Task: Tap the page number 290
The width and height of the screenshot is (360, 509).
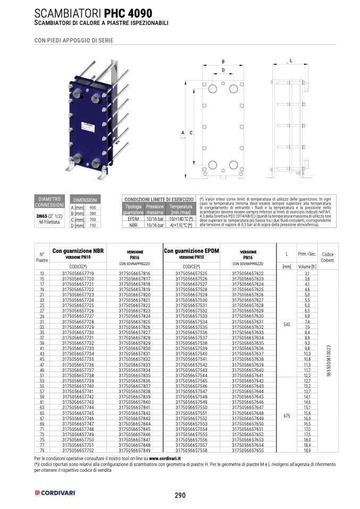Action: coord(180,495)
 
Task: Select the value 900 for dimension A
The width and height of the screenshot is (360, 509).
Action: coord(92,207)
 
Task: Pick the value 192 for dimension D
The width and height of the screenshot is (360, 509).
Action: coord(92,225)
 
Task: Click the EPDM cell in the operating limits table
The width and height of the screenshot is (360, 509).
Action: coord(133,219)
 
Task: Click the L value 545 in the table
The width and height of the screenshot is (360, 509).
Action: coord(287,324)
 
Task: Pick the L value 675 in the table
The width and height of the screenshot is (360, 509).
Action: coord(287,416)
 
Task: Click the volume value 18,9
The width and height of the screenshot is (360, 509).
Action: coord(307,450)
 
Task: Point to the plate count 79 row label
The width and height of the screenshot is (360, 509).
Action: coord(42,450)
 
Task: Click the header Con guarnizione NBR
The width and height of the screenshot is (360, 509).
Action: coord(78,251)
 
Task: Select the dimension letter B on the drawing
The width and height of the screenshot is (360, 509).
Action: coord(223,61)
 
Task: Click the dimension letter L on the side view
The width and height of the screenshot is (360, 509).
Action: coord(291,61)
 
